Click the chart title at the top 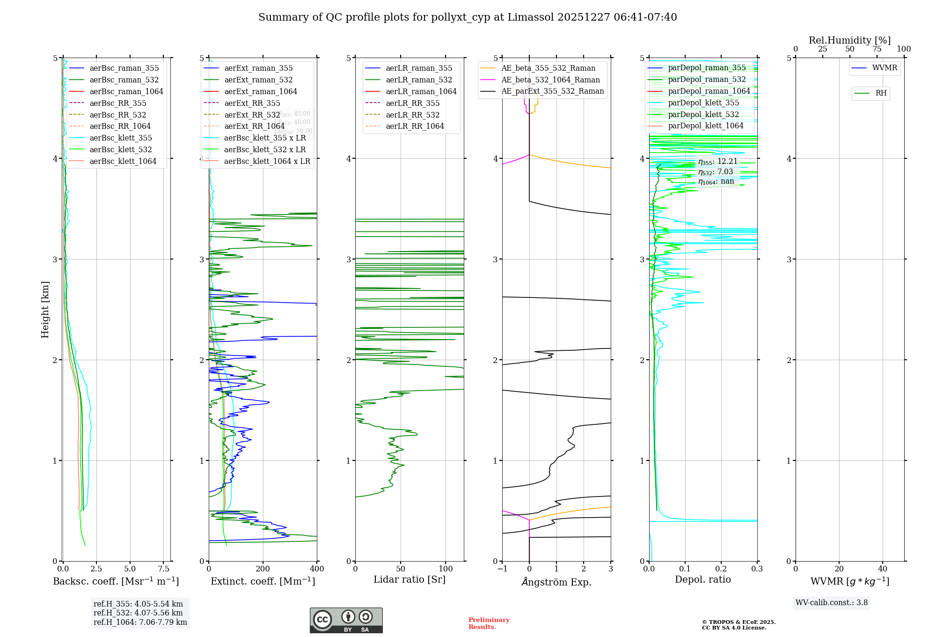[x=468, y=17]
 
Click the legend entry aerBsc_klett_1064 [x=123, y=161]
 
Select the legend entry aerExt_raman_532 [x=258, y=80]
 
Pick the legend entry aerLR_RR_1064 [x=415, y=126]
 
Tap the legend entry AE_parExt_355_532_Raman [x=552, y=91]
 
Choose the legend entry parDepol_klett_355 [x=703, y=103]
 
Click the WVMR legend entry [x=885, y=68]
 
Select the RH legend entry [x=881, y=93]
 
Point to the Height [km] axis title [x=45, y=309]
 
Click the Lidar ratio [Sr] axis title [x=409, y=579]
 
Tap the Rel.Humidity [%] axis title [x=849, y=40]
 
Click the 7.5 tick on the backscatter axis [x=164, y=569]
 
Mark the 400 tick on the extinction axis [x=317, y=569]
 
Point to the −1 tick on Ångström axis [x=502, y=569]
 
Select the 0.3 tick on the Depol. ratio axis [x=757, y=569]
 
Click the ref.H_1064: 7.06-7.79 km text [x=140, y=622]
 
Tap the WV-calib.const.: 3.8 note [x=832, y=602]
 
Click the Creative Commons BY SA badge [x=346, y=620]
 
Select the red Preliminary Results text [x=489, y=623]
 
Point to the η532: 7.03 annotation [x=716, y=171]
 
